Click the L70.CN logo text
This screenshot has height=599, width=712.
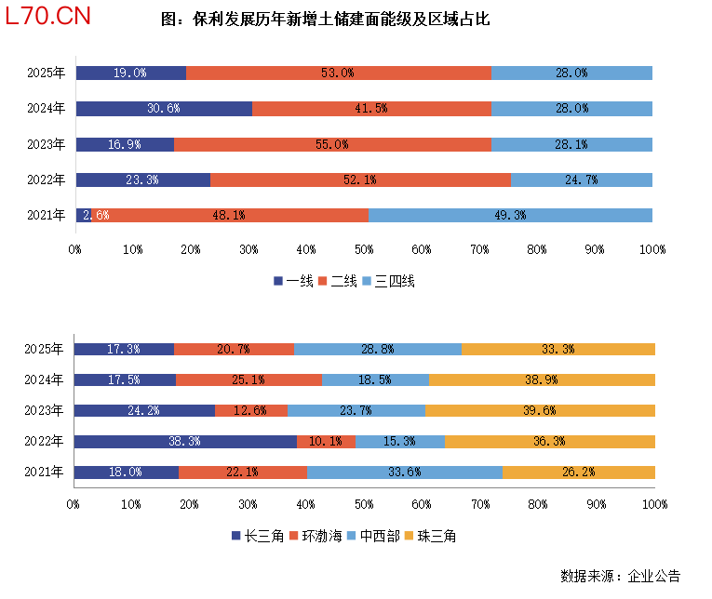(47, 19)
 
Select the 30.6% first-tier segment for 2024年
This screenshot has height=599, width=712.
(164, 109)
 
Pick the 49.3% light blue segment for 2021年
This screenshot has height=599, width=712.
(510, 215)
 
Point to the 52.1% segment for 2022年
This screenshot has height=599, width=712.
(360, 180)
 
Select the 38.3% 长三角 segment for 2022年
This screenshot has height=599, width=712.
(185, 441)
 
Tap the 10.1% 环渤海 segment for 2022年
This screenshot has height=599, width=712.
(326, 441)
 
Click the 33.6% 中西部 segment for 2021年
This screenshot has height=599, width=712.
(405, 472)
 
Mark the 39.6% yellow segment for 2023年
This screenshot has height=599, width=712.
(540, 410)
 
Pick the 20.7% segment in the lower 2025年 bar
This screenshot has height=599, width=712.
(234, 349)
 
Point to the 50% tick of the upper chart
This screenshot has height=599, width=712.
(364, 249)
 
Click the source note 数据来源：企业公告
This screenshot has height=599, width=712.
(620, 576)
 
